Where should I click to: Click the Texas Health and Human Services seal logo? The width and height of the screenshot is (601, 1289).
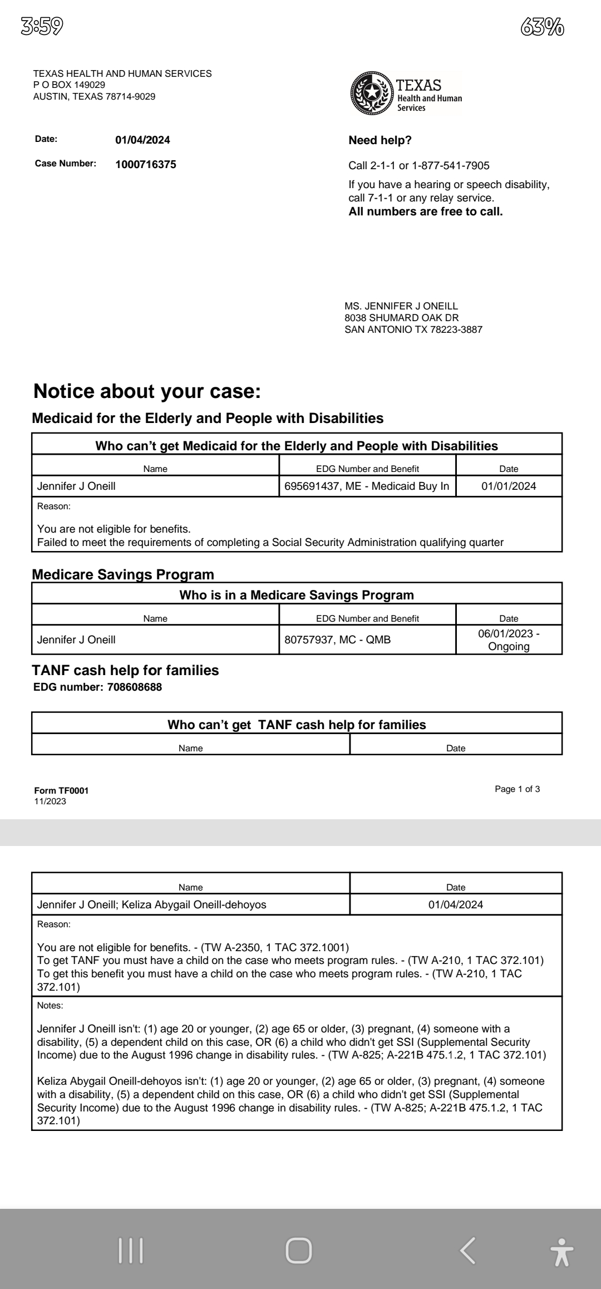point(371,92)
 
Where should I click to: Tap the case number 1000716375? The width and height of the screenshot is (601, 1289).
point(145,164)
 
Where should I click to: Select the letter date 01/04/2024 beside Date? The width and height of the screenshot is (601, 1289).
point(142,140)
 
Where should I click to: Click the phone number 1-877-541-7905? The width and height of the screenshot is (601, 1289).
point(451,165)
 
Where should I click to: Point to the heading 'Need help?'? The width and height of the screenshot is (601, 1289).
point(380,140)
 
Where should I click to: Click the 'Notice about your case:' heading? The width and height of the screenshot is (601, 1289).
point(147,391)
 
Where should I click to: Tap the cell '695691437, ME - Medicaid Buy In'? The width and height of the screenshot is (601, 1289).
point(367,486)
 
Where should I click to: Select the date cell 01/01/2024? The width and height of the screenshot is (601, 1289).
point(509,486)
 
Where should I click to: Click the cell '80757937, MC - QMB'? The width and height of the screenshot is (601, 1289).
point(337,639)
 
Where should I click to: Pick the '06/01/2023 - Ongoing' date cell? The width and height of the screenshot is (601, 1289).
point(509,639)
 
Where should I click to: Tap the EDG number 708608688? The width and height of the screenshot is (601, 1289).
point(134,687)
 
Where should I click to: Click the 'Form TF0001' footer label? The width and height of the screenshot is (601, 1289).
point(61,790)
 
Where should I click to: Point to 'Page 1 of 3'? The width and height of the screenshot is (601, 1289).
point(517,789)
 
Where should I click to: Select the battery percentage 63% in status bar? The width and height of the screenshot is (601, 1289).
point(543,26)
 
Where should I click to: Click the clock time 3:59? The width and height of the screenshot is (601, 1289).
point(42,26)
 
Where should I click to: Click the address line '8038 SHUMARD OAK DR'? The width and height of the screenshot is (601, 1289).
point(401,318)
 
